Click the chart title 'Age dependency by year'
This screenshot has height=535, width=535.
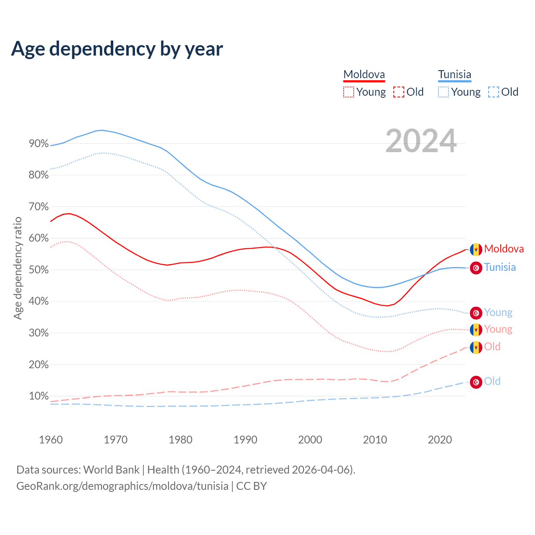117,48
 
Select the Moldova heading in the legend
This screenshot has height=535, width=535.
364,75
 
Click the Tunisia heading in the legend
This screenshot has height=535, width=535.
454,75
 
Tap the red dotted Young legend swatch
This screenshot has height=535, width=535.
348,92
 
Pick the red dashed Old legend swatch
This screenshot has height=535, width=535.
399,92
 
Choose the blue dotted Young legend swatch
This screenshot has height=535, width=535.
443,92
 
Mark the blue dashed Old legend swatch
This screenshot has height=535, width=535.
494,92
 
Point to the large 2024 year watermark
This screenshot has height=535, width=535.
421,141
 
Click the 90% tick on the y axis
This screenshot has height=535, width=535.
38,144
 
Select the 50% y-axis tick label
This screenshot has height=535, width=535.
38,270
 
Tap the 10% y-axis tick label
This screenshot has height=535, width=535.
38,396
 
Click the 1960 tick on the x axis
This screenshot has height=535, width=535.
51,440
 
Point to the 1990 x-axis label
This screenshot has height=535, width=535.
245,440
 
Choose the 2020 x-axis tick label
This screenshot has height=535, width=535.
440,440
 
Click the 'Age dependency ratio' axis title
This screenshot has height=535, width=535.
18,268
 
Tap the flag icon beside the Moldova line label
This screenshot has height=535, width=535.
476,250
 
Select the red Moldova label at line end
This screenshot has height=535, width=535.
504,249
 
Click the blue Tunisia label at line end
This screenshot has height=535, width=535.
500,267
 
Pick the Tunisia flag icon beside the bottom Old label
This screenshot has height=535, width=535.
476,382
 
